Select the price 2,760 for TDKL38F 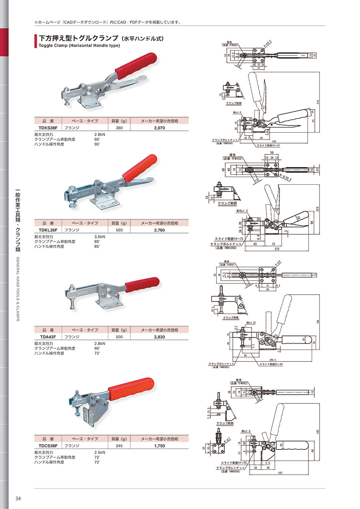point(160,230)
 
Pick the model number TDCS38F point(46,445)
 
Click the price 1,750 point(160,445)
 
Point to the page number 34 point(18,499)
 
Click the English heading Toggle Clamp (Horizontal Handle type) point(79,45)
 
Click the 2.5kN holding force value point(99,452)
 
